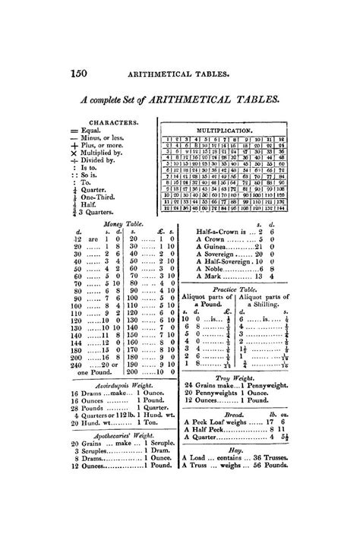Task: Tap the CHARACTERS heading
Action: click(x=113, y=122)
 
